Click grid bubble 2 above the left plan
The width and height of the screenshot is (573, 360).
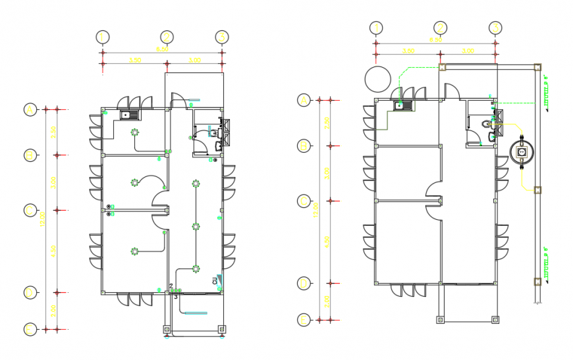pos(167,37)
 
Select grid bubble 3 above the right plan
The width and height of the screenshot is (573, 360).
pos(495,28)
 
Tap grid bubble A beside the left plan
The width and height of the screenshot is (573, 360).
pos(30,109)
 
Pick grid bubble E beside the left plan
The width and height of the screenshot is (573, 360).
pos(30,328)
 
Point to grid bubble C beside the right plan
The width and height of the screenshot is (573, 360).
pos(304,201)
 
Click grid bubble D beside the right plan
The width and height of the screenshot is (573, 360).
pos(304,284)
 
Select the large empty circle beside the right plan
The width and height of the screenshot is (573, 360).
pos(378,80)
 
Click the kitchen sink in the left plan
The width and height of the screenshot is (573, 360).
pos(126,115)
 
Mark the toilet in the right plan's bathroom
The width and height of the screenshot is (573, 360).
pos(487,123)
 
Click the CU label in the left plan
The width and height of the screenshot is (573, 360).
pos(215,281)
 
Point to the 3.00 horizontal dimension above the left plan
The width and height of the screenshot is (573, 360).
pos(195,60)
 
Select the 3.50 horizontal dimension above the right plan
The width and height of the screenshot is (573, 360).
pos(408,51)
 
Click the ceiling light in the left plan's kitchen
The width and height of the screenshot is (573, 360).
pos(136,132)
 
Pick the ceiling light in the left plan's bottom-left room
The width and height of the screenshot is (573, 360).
pos(134,251)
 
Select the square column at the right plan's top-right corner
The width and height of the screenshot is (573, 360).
pos(537,66)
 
